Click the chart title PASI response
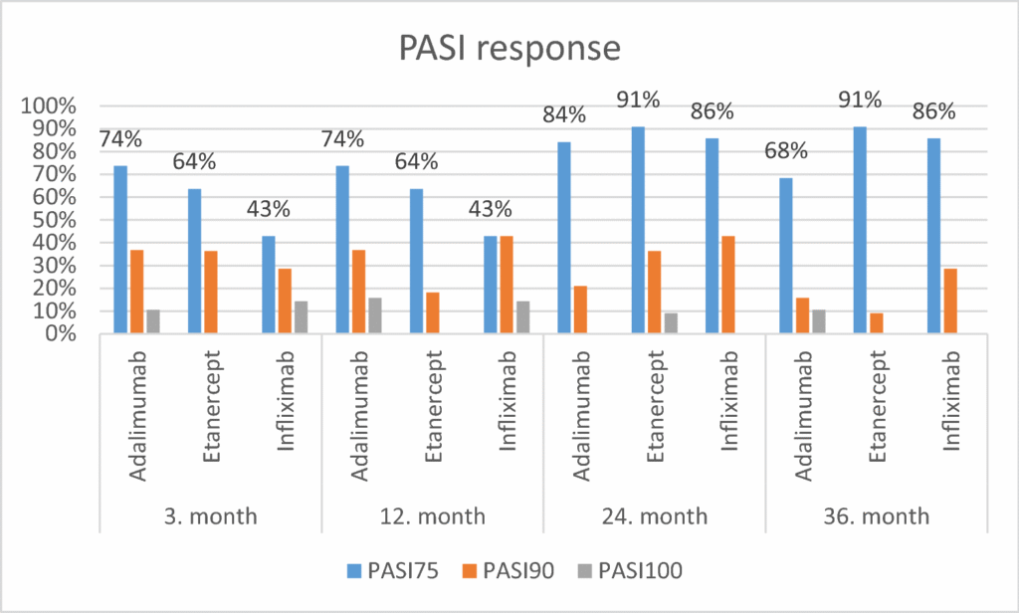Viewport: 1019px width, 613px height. pos(509,48)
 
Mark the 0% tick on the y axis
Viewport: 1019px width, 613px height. pos(59,333)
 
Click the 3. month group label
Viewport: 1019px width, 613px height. pos(210,516)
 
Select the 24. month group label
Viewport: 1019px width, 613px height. pos(654,516)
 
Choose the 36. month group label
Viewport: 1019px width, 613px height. pos(876,516)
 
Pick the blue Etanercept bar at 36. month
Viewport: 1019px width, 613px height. pos(859,230)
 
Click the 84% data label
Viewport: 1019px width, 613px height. pos(563,115)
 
